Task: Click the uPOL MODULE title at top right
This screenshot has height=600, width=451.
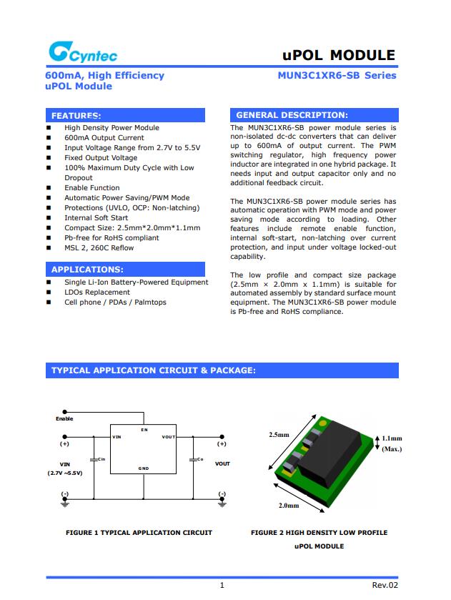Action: click(x=339, y=55)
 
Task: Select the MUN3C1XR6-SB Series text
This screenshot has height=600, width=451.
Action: click(x=337, y=75)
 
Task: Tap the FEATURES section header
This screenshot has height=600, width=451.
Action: click(x=76, y=115)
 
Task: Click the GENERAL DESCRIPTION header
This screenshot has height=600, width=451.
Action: click(x=292, y=115)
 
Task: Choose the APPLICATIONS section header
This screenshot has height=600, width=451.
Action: click(x=87, y=270)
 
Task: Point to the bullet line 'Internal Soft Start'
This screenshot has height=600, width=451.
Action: click(x=96, y=218)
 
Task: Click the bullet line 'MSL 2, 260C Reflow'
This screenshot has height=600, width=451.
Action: click(x=99, y=248)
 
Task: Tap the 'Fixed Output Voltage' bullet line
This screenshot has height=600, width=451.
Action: click(x=101, y=158)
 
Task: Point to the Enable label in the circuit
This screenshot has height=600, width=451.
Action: click(x=64, y=419)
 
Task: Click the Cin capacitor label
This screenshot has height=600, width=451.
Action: click(x=101, y=458)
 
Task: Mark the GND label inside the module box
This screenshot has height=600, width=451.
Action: click(x=143, y=468)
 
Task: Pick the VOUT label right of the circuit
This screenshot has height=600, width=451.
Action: click(x=222, y=464)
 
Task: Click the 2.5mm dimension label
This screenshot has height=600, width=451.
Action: click(x=279, y=435)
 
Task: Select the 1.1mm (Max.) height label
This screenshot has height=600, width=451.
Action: click(x=391, y=444)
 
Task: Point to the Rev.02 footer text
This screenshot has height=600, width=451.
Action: click(x=385, y=586)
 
